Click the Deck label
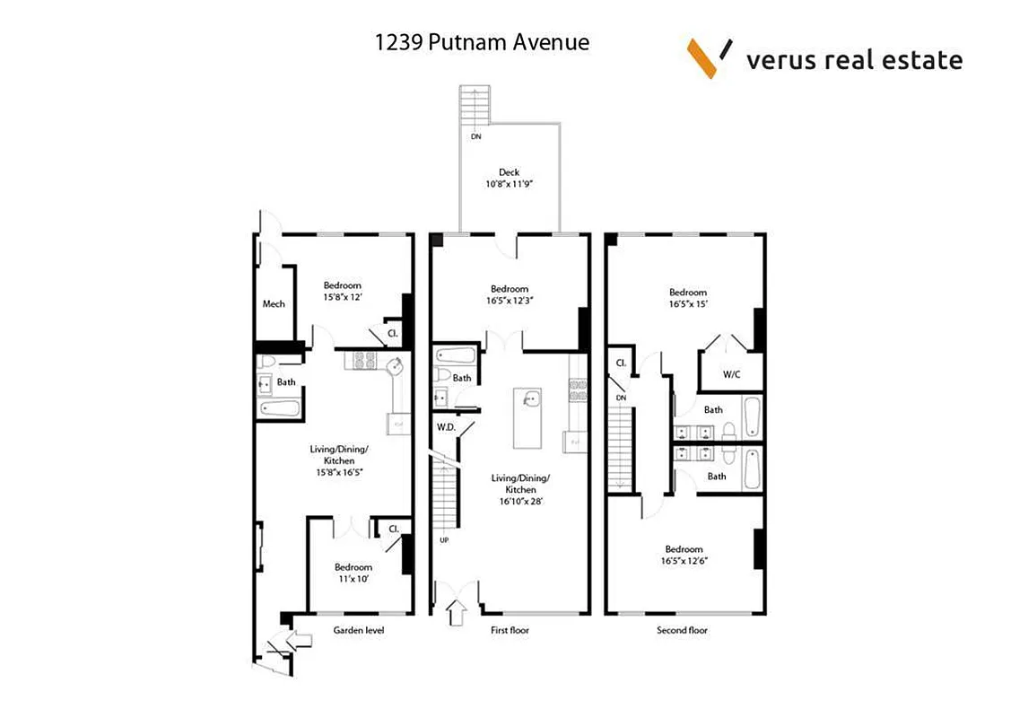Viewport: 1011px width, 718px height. point(509,173)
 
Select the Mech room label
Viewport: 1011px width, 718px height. point(274,303)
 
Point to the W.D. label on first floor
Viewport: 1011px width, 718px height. point(447,427)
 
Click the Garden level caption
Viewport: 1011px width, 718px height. point(359,630)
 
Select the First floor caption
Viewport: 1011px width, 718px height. point(510,630)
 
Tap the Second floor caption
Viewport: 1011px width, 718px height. point(683,630)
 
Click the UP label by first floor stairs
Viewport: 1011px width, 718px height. point(444,539)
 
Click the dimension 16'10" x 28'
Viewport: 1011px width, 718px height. point(520,502)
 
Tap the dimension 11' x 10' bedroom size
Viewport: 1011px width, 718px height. point(353,580)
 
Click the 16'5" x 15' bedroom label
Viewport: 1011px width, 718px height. point(688,304)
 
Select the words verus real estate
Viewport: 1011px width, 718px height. point(854,60)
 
